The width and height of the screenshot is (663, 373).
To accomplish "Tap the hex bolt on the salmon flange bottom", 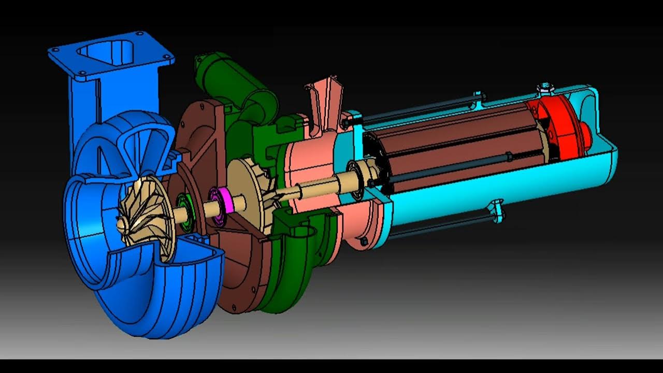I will [363, 241].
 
